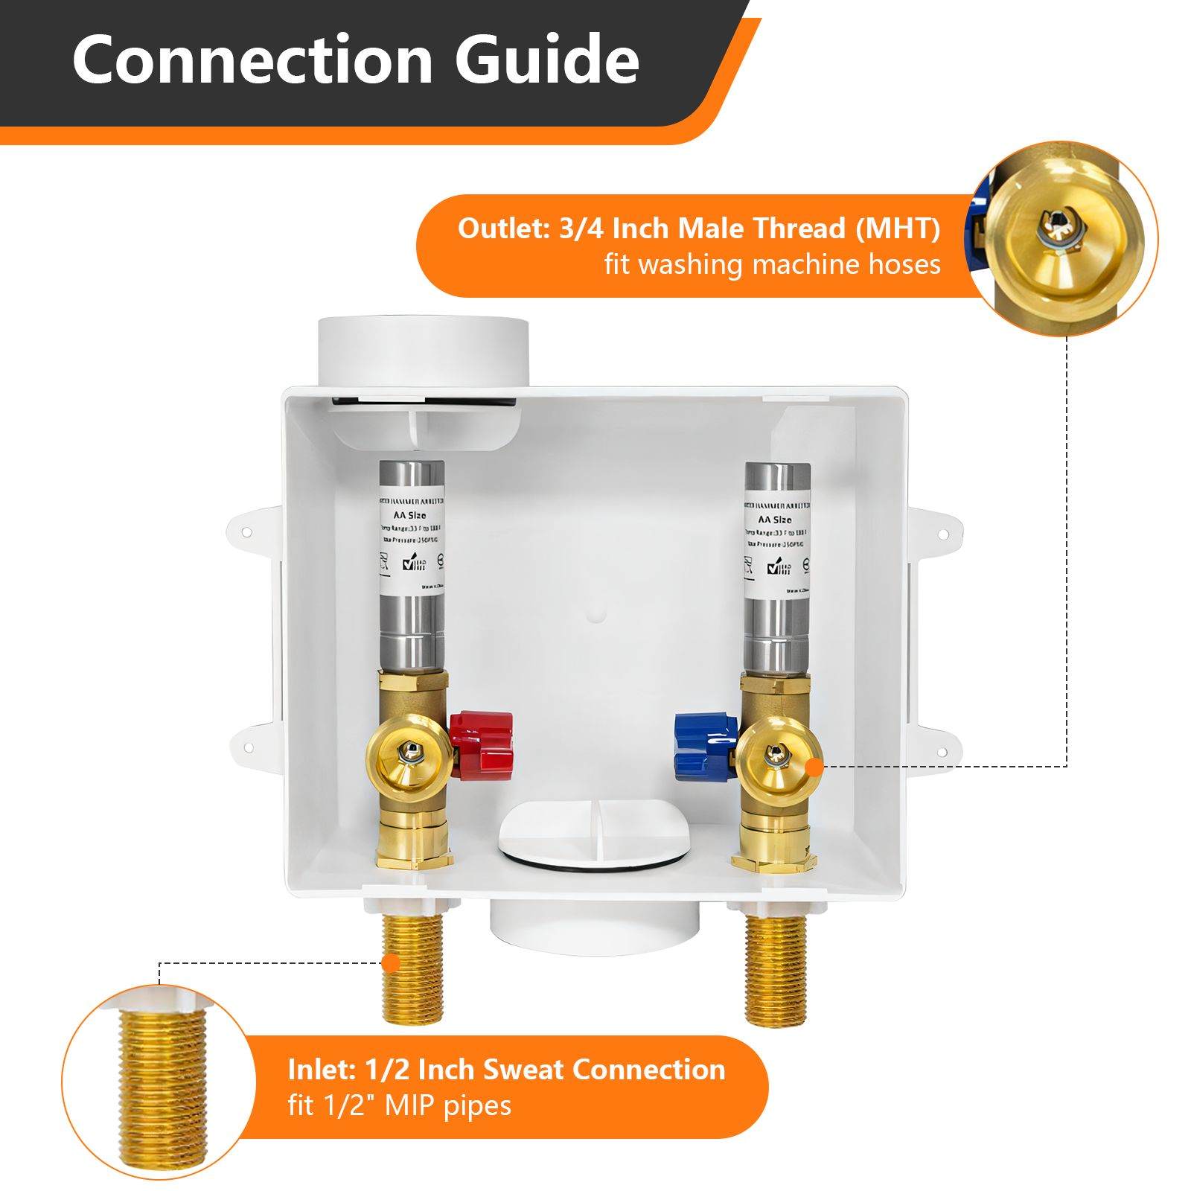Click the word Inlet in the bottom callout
coord(321,1070)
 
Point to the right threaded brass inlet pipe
coord(776,968)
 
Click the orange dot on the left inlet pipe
coord(391,962)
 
